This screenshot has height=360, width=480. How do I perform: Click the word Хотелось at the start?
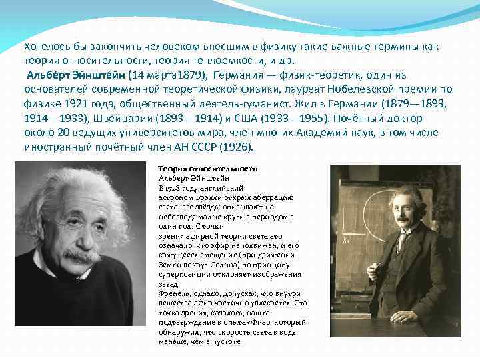44,47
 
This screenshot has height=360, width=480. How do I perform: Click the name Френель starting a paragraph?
175,293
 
